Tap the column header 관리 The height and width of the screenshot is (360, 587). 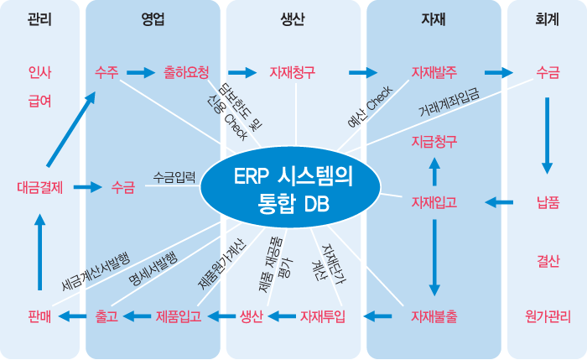39,18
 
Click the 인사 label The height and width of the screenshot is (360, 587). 39,73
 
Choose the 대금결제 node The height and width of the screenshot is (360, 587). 39,187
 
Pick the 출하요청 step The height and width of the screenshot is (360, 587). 186,73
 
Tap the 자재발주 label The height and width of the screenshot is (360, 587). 434,73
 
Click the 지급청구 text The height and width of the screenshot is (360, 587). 434,141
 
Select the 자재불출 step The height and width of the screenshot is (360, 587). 434,316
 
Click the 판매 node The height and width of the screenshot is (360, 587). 39,316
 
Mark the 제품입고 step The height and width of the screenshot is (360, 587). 178,316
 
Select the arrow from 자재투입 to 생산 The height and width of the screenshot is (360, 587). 282,316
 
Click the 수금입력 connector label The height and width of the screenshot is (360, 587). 174,177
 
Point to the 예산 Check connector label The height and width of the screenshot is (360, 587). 368,107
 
